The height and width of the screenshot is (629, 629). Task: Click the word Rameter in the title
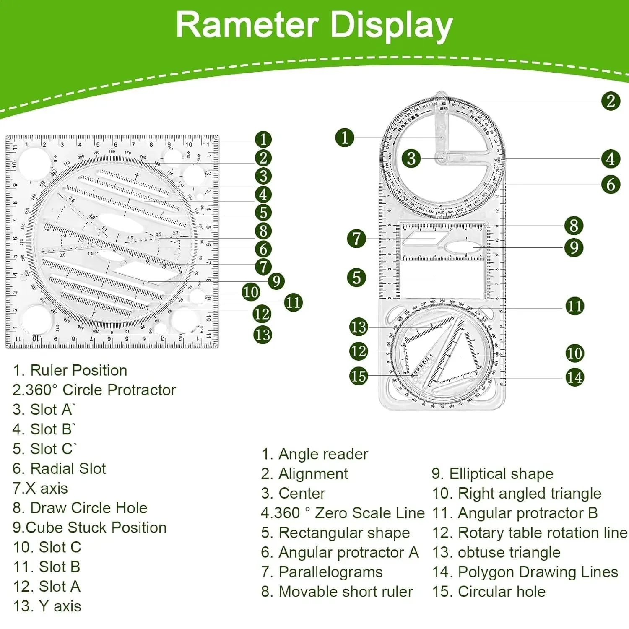[247, 25]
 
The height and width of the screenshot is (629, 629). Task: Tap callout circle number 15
[358, 376]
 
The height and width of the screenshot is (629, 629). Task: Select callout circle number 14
[574, 377]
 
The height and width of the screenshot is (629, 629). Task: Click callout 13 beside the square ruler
[263, 335]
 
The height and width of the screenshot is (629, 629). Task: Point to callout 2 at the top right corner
[611, 101]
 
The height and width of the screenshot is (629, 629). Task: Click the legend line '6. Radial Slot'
[59, 468]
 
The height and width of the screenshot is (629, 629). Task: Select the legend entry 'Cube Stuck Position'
[89, 528]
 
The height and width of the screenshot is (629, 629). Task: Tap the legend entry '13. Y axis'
[47, 606]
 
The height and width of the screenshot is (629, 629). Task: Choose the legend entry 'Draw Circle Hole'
[80, 508]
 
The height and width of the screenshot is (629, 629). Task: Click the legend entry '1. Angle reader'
[314, 454]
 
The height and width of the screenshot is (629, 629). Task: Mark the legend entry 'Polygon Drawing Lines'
[525, 572]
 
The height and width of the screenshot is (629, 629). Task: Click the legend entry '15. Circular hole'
[489, 592]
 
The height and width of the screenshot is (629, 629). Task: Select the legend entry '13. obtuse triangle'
[496, 553]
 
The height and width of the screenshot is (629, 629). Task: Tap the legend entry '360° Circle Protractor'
[94, 390]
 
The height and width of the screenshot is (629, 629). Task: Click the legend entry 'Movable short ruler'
[337, 592]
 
